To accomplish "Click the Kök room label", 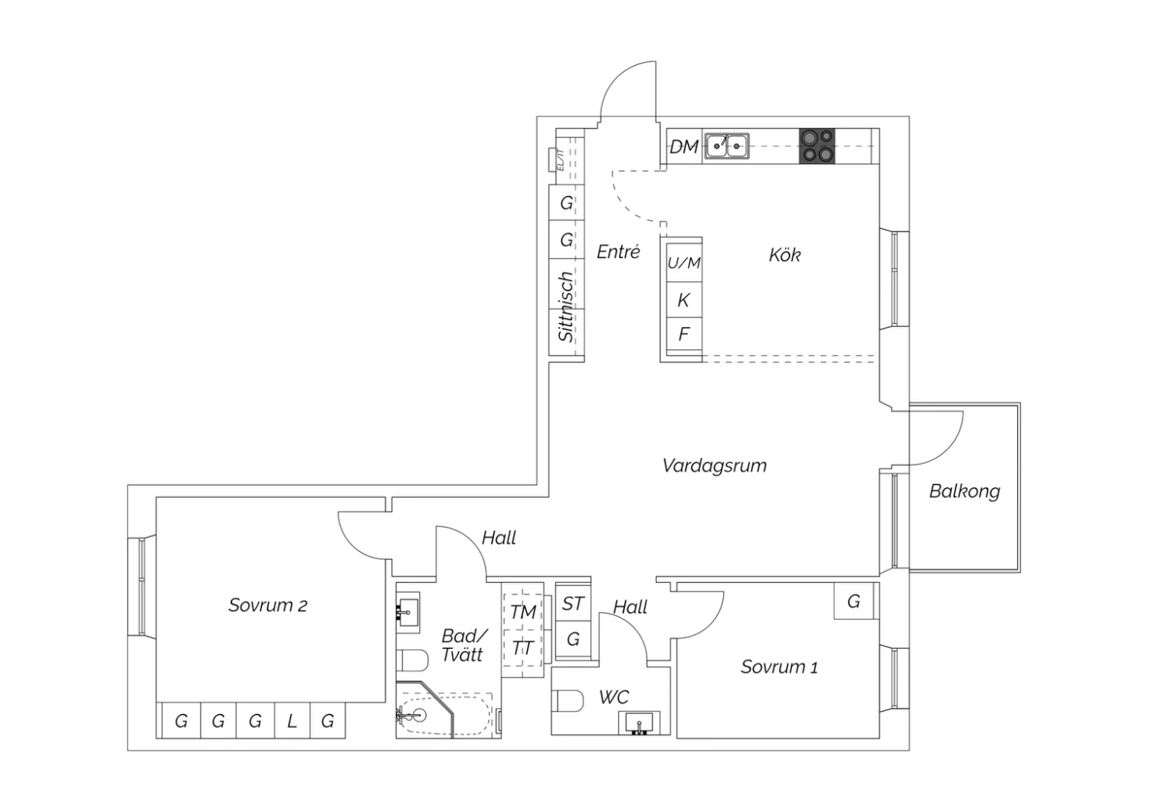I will coord(784,254).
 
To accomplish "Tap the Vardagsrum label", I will coord(714,465).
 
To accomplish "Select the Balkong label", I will coord(964,491).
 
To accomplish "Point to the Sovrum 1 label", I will coord(779,666).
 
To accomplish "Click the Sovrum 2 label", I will coord(267,605).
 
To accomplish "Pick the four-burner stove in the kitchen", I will coord(817,146).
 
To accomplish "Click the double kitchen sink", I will coord(727,145).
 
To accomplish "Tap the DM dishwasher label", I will coord(684,146).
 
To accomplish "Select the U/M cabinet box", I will coord(683,263).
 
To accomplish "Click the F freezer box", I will coord(683,334).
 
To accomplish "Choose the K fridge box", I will coord(683,300).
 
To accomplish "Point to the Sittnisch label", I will coord(566,306).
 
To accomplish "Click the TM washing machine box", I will coord(523,612).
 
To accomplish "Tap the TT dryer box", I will coord(523,648).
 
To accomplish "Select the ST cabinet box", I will coord(573,604).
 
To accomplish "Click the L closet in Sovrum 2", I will coord(292,721).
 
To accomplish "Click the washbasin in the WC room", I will coord(638,722).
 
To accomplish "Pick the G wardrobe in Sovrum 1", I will coord(853,601).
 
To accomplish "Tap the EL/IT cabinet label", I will coord(560,162).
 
